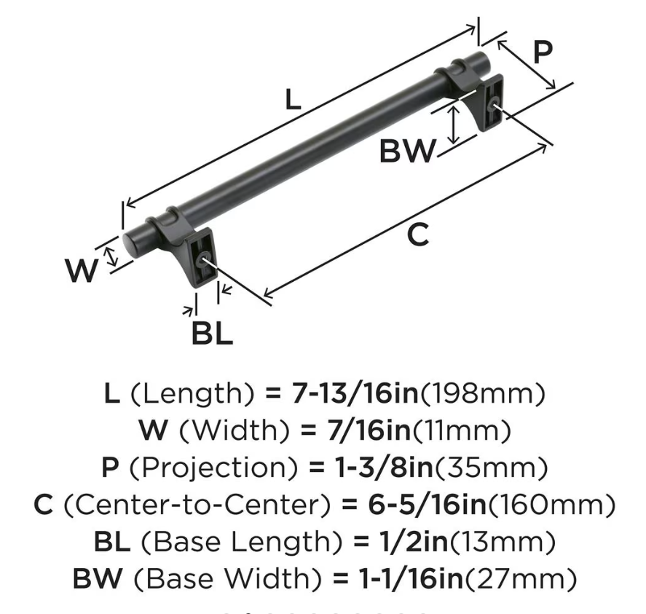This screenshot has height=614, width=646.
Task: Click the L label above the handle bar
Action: (x=293, y=100)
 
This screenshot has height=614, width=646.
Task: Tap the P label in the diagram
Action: (x=543, y=52)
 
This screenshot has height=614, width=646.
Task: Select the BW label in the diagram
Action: (x=407, y=151)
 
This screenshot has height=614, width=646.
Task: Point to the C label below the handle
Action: (x=418, y=235)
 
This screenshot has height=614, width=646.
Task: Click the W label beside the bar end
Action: (x=82, y=271)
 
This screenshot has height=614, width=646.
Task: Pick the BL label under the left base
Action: (x=212, y=334)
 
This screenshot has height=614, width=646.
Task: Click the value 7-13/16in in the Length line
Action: (x=355, y=393)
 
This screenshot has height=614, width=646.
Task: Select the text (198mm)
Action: (x=482, y=394)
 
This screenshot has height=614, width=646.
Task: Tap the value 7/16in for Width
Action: (x=369, y=430)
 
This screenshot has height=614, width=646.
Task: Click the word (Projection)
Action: (x=213, y=468)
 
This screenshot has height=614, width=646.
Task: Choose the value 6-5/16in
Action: (x=427, y=505)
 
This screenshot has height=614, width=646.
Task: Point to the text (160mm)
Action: (x=551, y=505)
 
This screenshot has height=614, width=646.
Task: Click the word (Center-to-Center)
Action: (x=197, y=505)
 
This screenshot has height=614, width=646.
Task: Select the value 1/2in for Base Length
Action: (x=413, y=542)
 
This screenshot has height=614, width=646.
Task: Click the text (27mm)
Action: (x=521, y=579)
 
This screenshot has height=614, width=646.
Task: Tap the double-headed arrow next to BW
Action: (x=454, y=125)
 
